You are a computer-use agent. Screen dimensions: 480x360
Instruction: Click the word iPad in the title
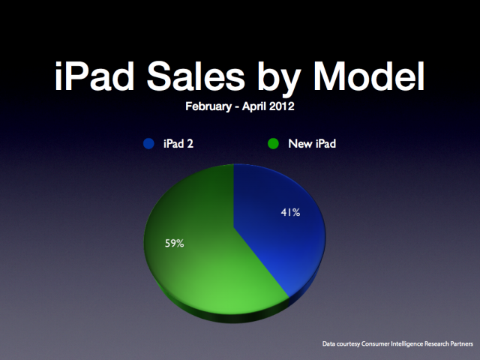94,76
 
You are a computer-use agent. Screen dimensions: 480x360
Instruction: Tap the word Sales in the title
196,76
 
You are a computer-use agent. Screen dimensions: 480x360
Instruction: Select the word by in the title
279,79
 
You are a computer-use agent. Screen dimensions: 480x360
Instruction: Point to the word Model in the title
369,76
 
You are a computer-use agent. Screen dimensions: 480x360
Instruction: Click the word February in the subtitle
208,106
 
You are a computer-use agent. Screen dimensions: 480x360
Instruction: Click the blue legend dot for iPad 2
148,143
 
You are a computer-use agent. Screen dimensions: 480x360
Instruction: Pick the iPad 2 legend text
178,143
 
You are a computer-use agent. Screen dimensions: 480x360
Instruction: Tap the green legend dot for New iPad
273,143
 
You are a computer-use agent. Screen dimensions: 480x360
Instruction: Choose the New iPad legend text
312,143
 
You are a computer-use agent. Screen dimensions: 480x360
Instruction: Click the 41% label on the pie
290,212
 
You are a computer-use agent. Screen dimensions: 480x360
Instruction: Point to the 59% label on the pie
175,243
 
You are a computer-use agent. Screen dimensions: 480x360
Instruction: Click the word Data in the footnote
328,343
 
